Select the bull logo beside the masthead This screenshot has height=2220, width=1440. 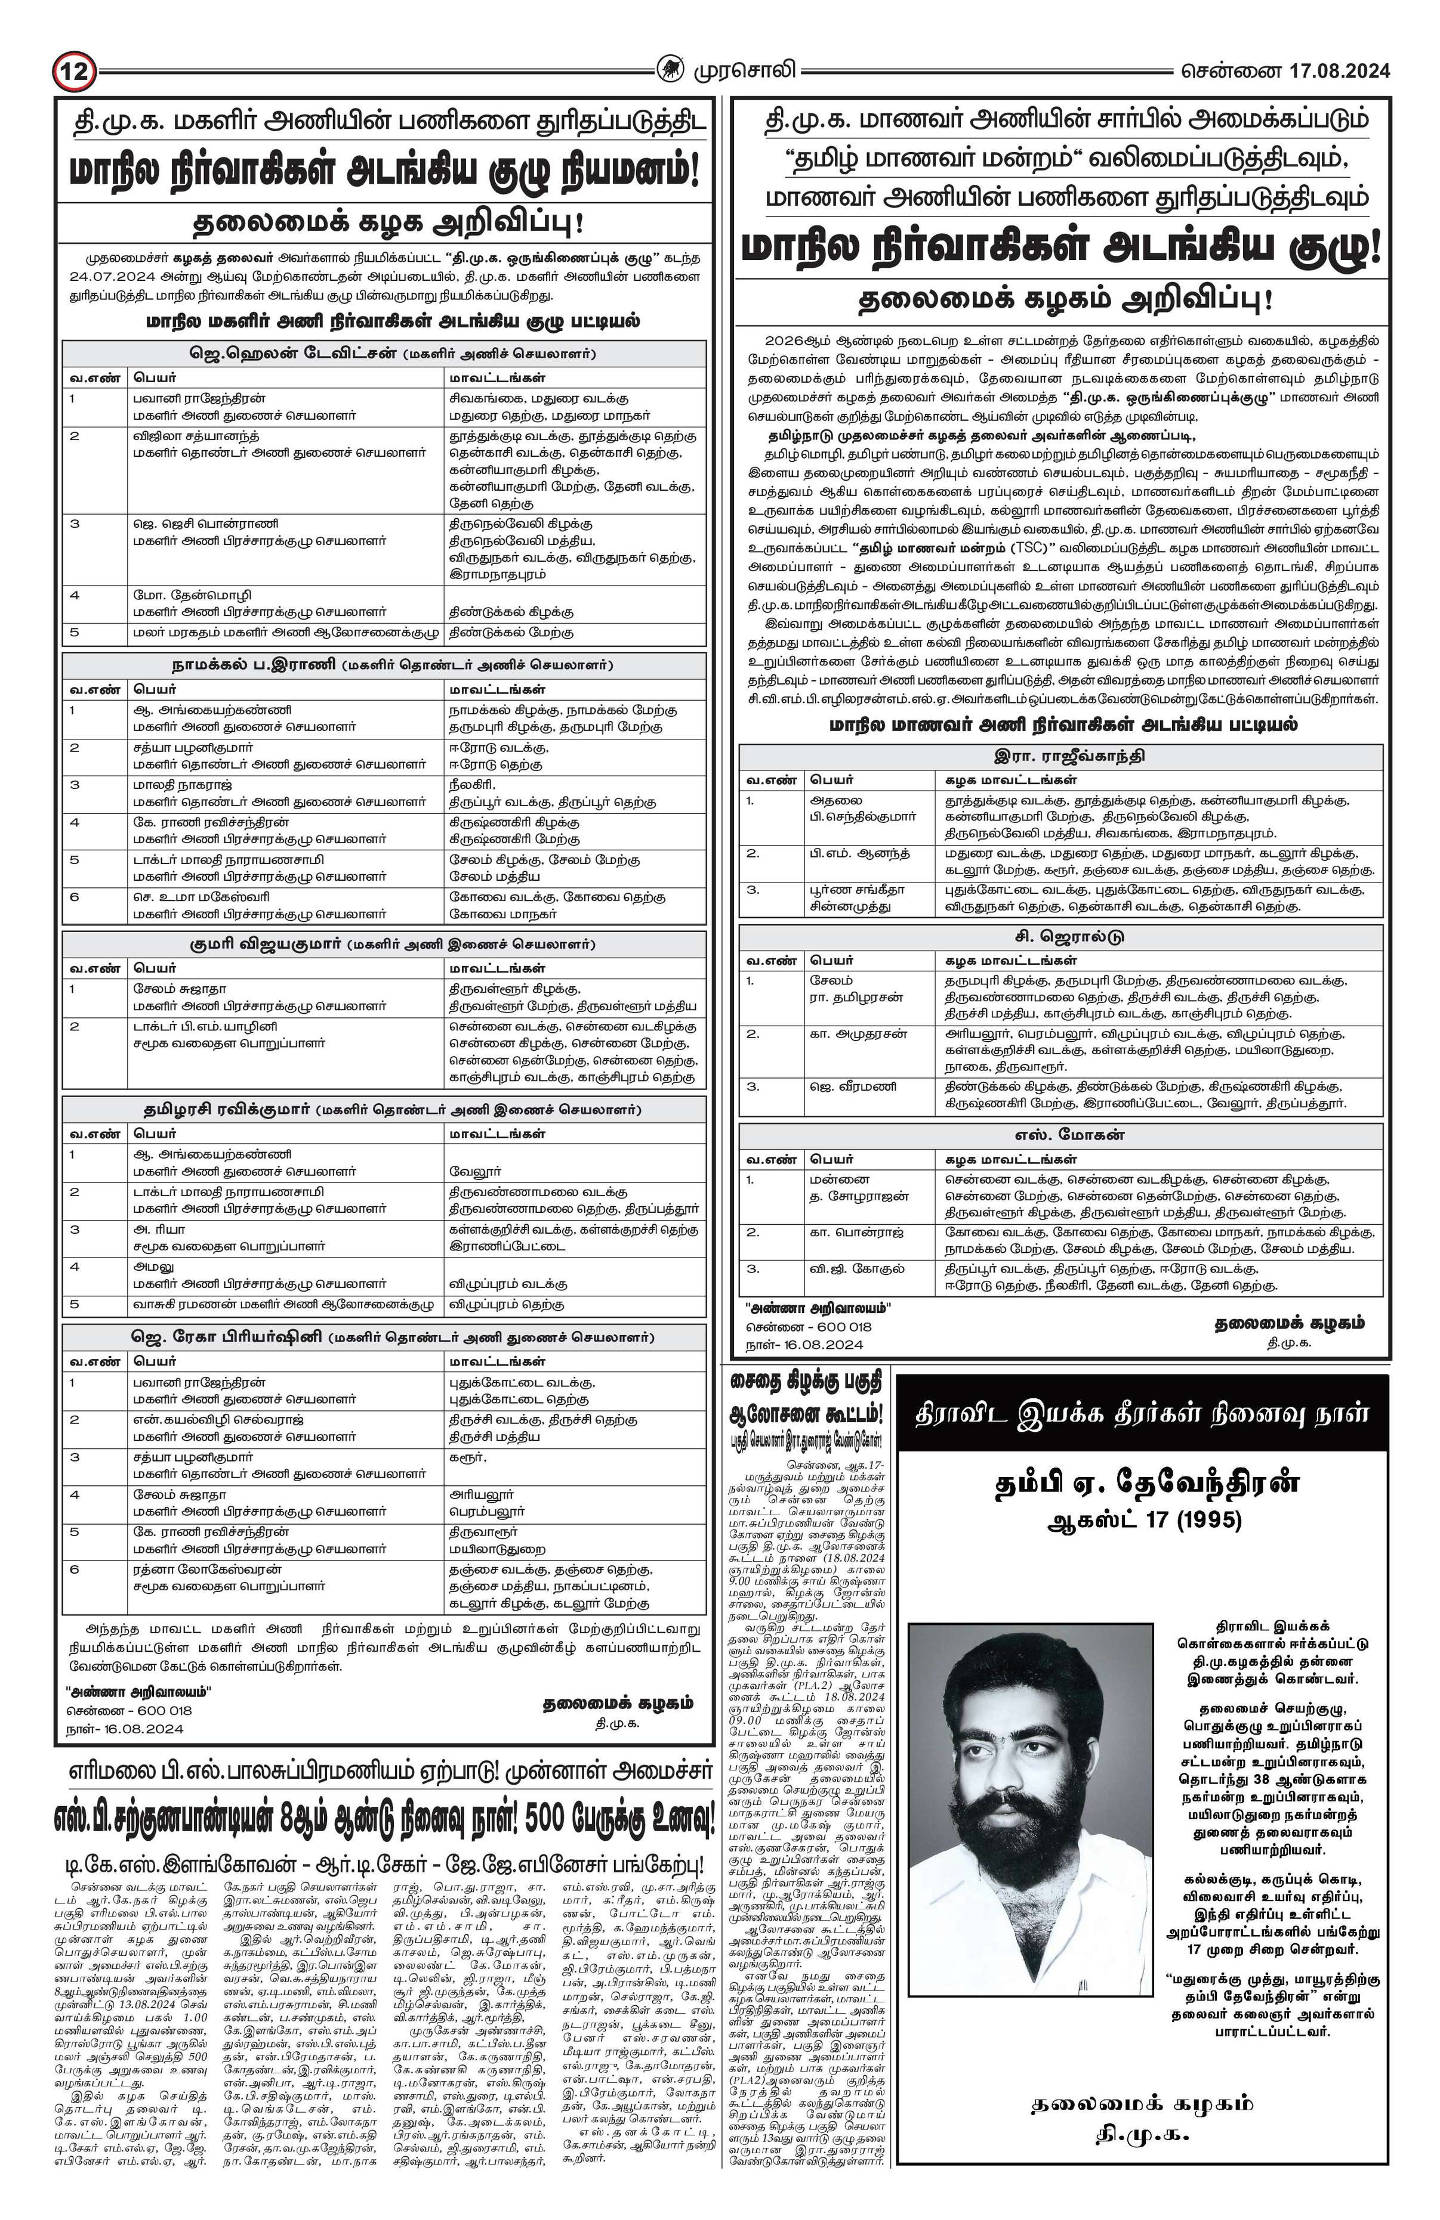pyautogui.click(x=669, y=71)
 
